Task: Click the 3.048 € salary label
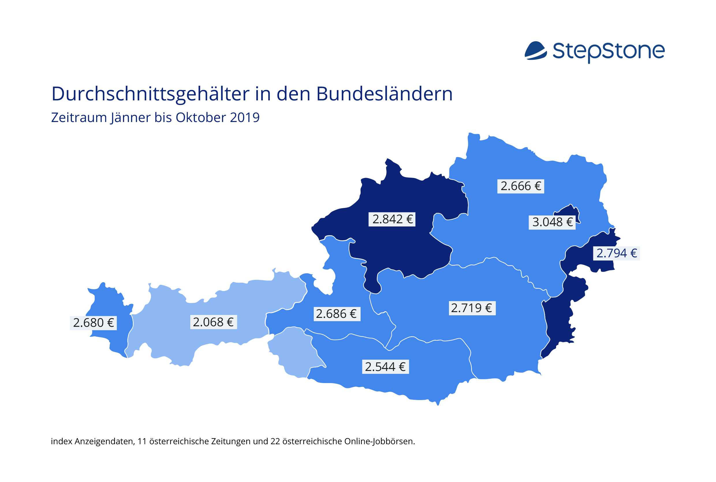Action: click(x=552, y=222)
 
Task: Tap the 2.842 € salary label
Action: click(x=392, y=219)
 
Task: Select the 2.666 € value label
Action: click(x=521, y=186)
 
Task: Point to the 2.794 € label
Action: click(x=616, y=253)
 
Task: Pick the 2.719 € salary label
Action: click(x=472, y=308)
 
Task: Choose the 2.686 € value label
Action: click(x=337, y=314)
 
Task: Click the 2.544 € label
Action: click(x=385, y=367)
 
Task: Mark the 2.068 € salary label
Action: click(x=214, y=322)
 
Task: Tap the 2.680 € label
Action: click(x=93, y=323)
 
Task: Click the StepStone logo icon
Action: click(x=535, y=50)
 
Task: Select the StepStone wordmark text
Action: click(x=609, y=52)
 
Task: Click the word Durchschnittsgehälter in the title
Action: click(x=150, y=94)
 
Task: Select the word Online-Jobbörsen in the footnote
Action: click(x=380, y=441)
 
